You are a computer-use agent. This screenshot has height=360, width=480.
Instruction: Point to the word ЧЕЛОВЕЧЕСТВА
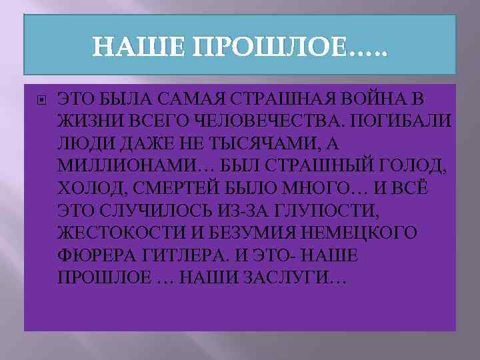[243, 122]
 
